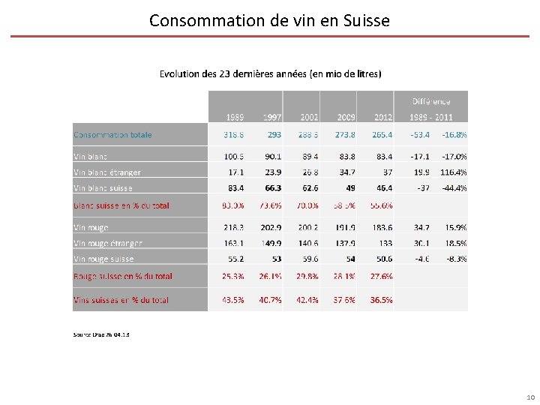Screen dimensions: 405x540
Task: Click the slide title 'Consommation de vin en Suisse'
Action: pyautogui.click(x=269, y=20)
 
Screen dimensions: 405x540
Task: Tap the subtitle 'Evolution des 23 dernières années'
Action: pyautogui.click(x=270, y=73)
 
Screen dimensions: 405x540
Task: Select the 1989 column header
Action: pyautogui.click(x=234, y=117)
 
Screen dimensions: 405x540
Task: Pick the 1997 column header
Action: pyautogui.click(x=271, y=117)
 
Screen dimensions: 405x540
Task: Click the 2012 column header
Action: pyautogui.click(x=382, y=117)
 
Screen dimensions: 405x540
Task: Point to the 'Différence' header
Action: pyautogui.click(x=431, y=100)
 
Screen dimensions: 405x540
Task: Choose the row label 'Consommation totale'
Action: pyautogui.click(x=112, y=135)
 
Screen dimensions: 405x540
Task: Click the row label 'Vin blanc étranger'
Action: pyautogui.click(x=107, y=172)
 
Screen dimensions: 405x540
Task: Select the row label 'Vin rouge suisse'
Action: pyautogui.click(x=103, y=259)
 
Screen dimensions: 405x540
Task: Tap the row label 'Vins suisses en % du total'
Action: pyautogui.click(x=121, y=300)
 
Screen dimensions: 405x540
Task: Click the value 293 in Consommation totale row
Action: pyautogui.click(x=274, y=135)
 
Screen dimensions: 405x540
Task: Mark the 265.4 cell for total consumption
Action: pyautogui.click(x=382, y=135)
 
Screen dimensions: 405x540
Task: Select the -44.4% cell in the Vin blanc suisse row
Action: pyautogui.click(x=454, y=188)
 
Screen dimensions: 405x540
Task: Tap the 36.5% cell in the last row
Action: pyautogui.click(x=381, y=300)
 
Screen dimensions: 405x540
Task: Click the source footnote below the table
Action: pyautogui.click(x=101, y=334)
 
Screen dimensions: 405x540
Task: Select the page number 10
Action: pyautogui.click(x=530, y=397)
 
